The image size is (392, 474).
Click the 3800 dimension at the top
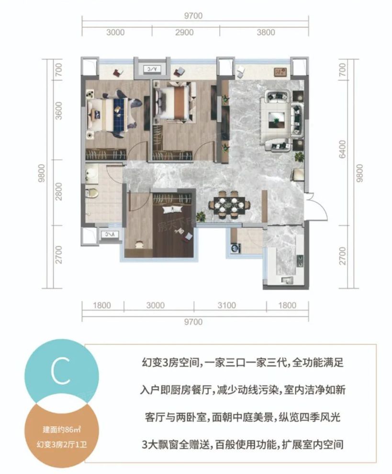(x=266, y=33)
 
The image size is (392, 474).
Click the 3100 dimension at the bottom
(x=229, y=305)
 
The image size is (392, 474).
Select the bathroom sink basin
(x=90, y=173)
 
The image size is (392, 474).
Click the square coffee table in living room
(x=276, y=118)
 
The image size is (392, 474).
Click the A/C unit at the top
(x=152, y=69)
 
